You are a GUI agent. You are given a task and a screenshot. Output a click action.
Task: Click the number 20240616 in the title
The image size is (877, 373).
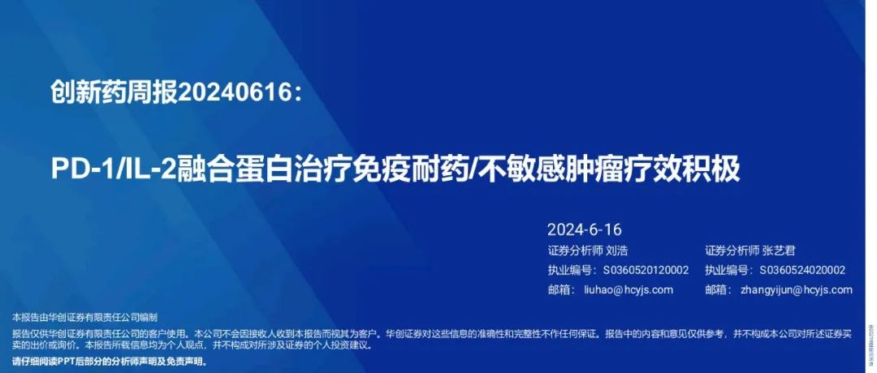235,95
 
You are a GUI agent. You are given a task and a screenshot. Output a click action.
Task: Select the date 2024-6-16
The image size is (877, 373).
585,229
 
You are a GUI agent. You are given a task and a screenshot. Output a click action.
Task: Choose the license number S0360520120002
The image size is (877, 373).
645,270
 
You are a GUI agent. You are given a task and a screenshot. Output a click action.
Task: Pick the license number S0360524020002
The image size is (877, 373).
801,270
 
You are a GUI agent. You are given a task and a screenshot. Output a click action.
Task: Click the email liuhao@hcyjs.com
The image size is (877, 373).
629,289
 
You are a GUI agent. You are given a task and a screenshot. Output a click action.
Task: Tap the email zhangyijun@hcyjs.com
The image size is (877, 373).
797,289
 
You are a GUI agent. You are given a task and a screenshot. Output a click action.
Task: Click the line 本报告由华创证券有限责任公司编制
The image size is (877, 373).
84,317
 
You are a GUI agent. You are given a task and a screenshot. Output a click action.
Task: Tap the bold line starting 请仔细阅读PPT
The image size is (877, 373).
110,362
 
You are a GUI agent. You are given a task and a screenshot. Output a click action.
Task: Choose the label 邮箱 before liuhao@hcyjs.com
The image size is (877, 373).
560,289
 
